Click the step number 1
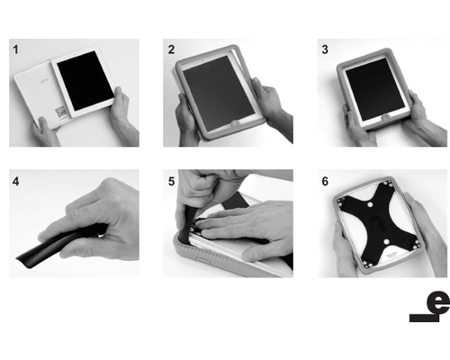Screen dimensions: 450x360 coord(15,49)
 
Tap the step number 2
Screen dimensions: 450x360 coord(171,49)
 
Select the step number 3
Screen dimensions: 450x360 coord(325,49)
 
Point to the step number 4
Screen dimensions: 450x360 coord(15,181)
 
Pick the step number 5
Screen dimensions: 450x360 coord(171,181)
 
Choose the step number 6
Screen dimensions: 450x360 coord(325,181)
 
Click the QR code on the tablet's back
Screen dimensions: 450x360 coord(61,111)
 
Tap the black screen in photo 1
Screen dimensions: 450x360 coord(85,80)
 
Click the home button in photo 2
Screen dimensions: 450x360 coord(235,123)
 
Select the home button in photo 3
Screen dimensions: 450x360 coord(385,117)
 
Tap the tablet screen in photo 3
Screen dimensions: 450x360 coord(375,89)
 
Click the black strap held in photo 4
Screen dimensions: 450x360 coord(61,246)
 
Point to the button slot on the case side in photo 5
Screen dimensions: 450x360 coord(204,259)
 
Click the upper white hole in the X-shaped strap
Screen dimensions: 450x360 coord(370,204)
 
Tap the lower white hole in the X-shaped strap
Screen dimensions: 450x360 coord(386,241)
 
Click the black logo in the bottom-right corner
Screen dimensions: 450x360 coord(429,307)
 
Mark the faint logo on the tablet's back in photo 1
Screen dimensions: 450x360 coord(42,80)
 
